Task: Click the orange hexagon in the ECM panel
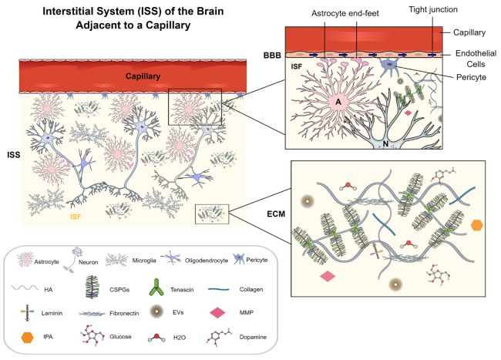point(477,225)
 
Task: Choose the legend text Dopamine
point(241,338)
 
